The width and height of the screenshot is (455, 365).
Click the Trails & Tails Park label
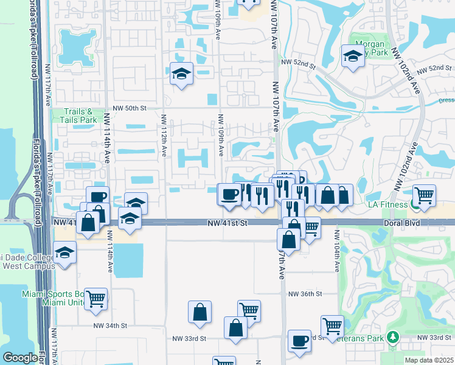point(79,116)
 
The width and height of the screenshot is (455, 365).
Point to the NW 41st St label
point(227,224)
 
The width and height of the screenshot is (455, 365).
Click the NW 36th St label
point(305,294)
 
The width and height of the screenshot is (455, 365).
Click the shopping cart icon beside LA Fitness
point(425,195)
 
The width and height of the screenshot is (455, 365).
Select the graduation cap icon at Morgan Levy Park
point(352,57)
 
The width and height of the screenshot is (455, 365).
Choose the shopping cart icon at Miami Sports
point(96,299)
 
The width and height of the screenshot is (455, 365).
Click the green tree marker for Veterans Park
point(394,336)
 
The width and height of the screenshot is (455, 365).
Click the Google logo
point(20,358)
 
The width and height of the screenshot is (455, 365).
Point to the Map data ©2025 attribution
point(429,360)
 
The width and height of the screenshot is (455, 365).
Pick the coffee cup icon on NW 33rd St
point(299,341)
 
